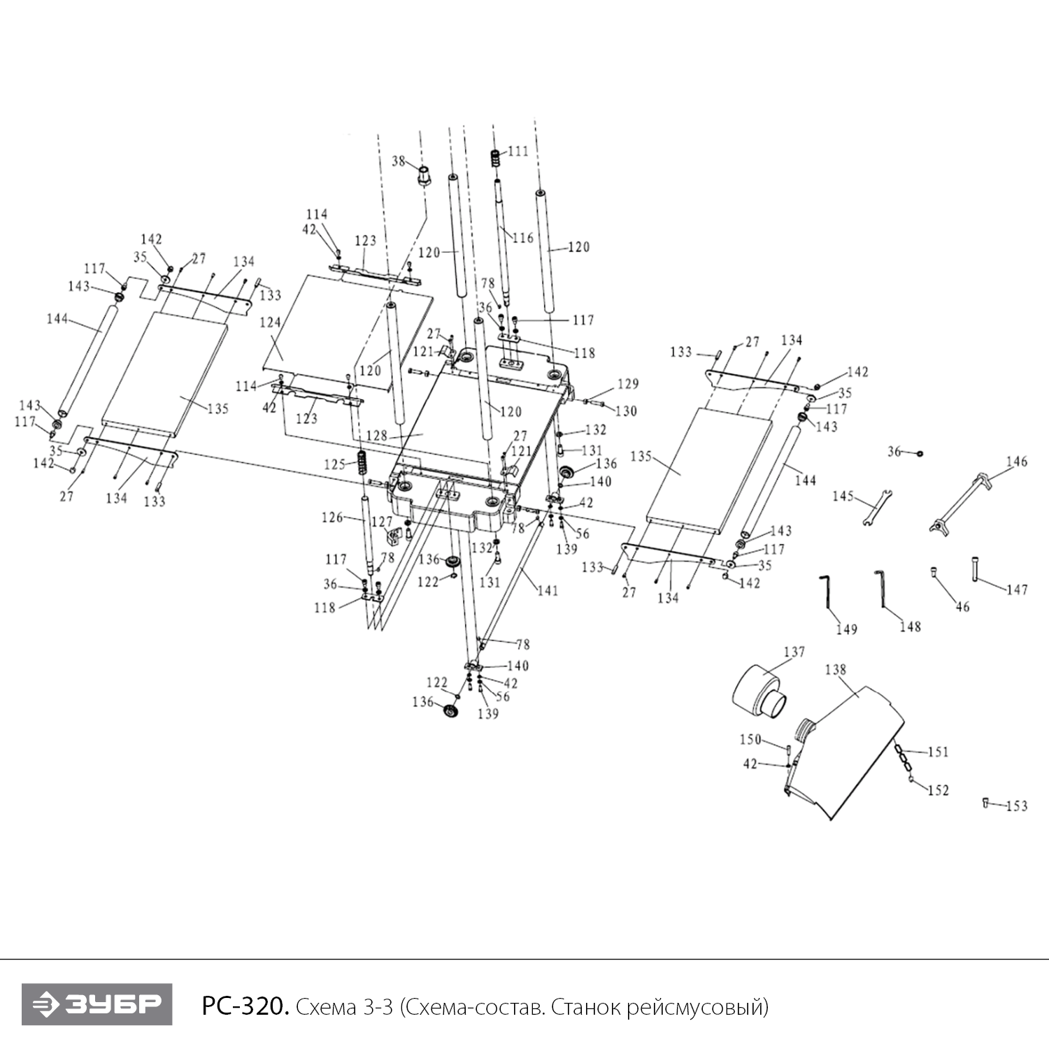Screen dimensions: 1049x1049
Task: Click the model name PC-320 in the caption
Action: coord(245,1006)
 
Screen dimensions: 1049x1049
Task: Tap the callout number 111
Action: coord(518,151)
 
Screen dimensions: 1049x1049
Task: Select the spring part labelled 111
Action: coord(496,159)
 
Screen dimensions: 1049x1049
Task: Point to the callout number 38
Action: coord(399,162)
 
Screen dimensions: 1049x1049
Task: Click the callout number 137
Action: coord(794,652)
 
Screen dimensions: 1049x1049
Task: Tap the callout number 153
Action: coord(1016,806)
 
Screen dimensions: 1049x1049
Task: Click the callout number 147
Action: coord(1017,590)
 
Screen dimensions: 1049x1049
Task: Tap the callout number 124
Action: coord(270,323)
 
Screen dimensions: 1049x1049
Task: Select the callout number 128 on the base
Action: coord(376,436)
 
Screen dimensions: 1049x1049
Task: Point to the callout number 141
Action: coord(548,590)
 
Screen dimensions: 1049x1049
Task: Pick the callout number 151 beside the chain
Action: coord(938,752)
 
